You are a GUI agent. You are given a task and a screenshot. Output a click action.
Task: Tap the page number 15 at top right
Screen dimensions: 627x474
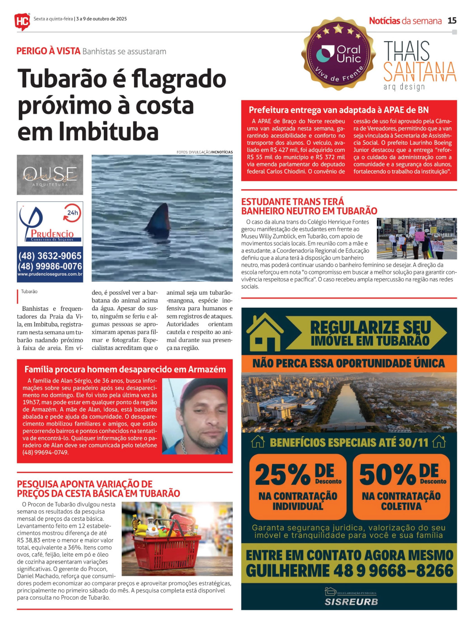point(452,21)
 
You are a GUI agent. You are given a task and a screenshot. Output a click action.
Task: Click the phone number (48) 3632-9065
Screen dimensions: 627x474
point(50,256)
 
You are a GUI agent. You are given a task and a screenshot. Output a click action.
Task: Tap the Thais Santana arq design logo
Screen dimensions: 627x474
point(419,65)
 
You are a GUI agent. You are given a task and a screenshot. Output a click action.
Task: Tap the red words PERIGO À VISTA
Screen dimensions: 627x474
point(48,51)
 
